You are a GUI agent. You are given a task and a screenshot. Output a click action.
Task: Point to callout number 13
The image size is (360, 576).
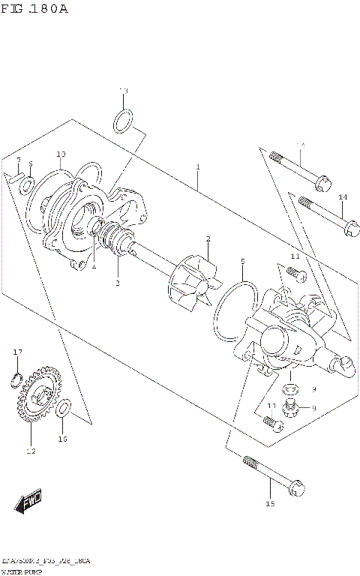point(124,91)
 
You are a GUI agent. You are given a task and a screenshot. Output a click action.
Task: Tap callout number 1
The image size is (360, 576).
point(197,166)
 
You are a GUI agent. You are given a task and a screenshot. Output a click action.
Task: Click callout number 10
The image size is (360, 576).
point(61,154)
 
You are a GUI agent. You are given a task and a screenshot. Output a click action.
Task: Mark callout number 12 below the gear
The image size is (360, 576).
point(31,451)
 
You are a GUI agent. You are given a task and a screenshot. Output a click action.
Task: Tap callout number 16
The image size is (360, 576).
point(63,439)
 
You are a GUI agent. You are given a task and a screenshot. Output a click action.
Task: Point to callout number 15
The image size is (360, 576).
point(270,503)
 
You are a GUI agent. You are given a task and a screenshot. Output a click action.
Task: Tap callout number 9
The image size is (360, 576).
point(313,388)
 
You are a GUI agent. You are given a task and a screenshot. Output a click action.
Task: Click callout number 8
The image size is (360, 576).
point(313,407)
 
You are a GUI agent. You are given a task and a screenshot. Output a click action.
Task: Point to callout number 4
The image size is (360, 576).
point(94,266)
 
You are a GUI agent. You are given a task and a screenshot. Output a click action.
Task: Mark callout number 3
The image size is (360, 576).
point(117,283)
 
